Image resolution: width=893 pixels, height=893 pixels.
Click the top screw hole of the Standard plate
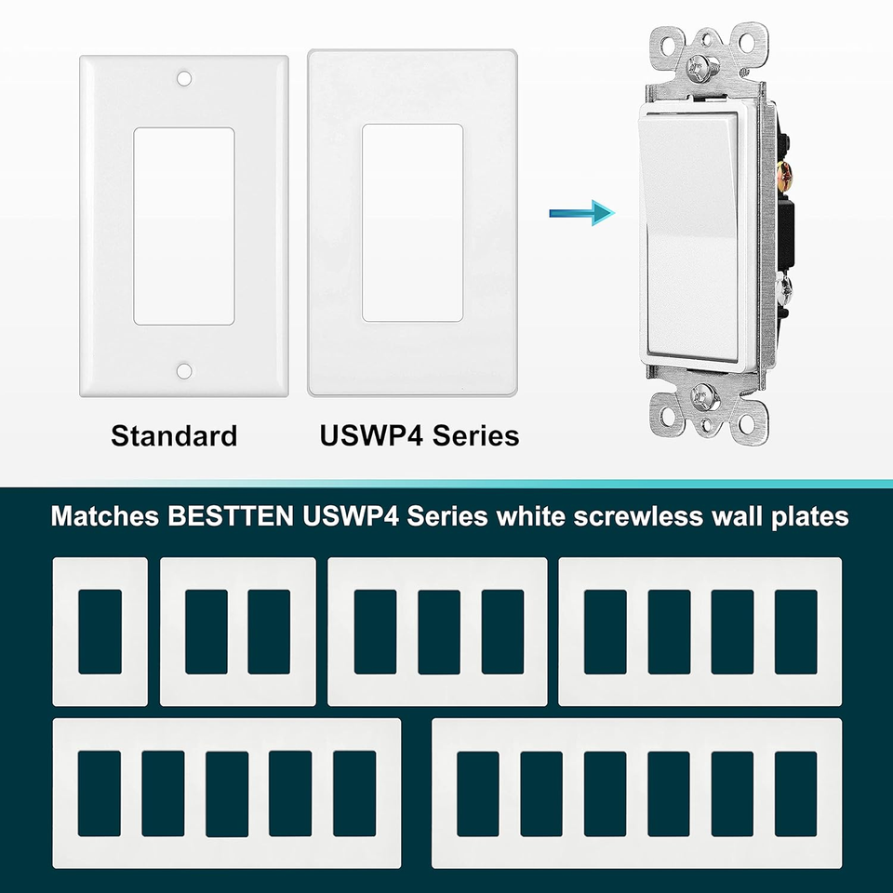click(184, 79)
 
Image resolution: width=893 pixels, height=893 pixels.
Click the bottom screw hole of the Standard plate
click(184, 371)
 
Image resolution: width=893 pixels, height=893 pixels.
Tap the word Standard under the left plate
click(174, 435)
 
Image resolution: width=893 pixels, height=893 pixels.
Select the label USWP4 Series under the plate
click(420, 435)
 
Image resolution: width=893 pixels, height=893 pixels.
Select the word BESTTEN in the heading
click(233, 516)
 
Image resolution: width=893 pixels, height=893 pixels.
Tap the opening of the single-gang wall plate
click(100, 632)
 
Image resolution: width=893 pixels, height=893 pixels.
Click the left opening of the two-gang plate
click(206, 632)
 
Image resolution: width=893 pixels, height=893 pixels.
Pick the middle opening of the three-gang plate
click(438, 632)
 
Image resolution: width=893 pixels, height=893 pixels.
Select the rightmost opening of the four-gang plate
click(795, 632)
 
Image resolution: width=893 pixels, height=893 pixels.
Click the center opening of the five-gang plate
click(227, 793)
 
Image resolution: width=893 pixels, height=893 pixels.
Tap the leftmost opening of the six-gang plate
click(478, 793)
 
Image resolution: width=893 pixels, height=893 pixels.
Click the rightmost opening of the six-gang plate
click(795, 793)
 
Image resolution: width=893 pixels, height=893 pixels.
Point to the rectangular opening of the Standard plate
click(184, 226)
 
